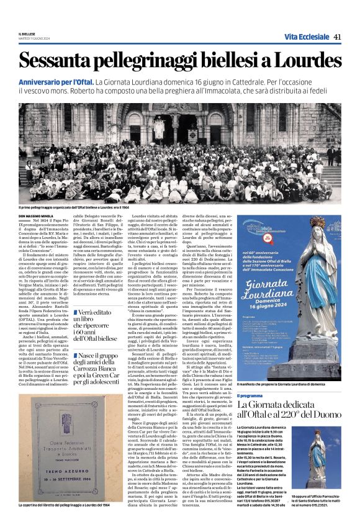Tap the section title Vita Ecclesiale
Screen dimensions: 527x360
307,37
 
